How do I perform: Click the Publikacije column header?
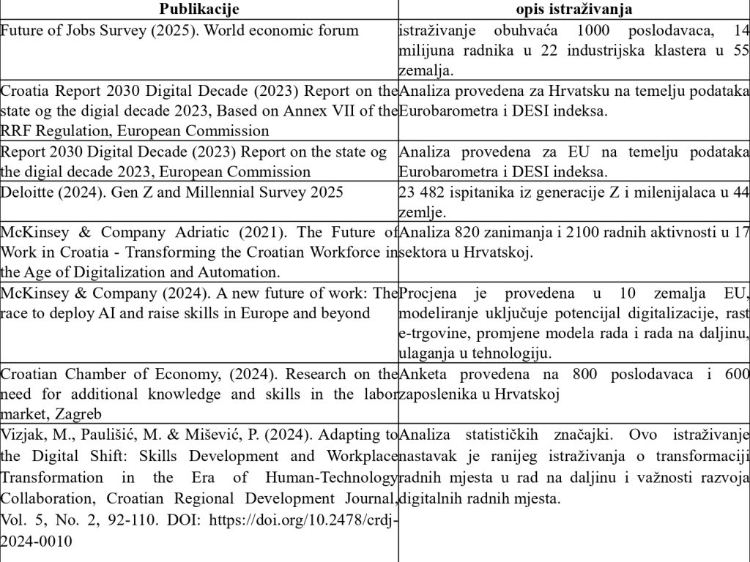pyautogui.click(x=198, y=9)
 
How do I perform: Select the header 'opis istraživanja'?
pyautogui.click(x=574, y=9)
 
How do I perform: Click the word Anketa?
pyautogui.click(x=421, y=374)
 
